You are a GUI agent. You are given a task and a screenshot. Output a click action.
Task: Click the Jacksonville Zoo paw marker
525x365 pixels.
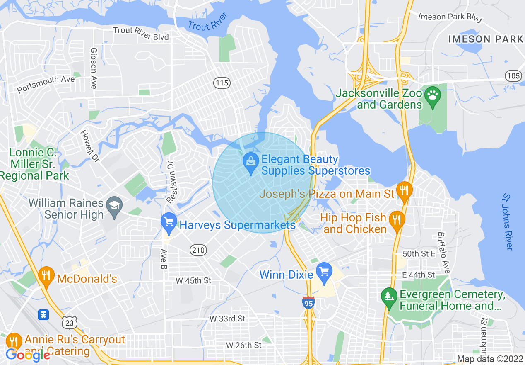click(x=432, y=95)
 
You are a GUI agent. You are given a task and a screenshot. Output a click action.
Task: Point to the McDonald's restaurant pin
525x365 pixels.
click(x=46, y=276)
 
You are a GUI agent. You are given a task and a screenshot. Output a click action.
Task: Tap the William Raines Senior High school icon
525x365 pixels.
click(x=113, y=205)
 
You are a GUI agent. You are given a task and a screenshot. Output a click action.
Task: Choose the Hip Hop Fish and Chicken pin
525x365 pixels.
click(x=397, y=219)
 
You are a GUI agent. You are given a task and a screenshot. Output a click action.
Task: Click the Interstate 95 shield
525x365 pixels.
click(x=308, y=303)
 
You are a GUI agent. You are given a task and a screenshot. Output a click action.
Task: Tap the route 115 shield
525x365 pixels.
click(x=222, y=83)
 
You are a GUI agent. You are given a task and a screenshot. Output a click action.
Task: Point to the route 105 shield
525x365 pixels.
click(x=513, y=76)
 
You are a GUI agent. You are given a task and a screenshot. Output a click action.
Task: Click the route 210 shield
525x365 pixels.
click(x=198, y=250)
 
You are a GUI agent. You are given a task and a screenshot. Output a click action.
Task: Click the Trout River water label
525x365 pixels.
click(x=208, y=22)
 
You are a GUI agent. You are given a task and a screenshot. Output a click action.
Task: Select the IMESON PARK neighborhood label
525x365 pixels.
click(x=486, y=39)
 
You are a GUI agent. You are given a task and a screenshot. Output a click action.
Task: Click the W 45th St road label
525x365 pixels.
click(x=193, y=281)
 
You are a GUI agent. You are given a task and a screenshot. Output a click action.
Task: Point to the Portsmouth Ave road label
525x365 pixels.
click(x=46, y=84)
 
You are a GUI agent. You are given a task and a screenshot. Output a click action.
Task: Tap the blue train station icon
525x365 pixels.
click(x=43, y=315)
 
